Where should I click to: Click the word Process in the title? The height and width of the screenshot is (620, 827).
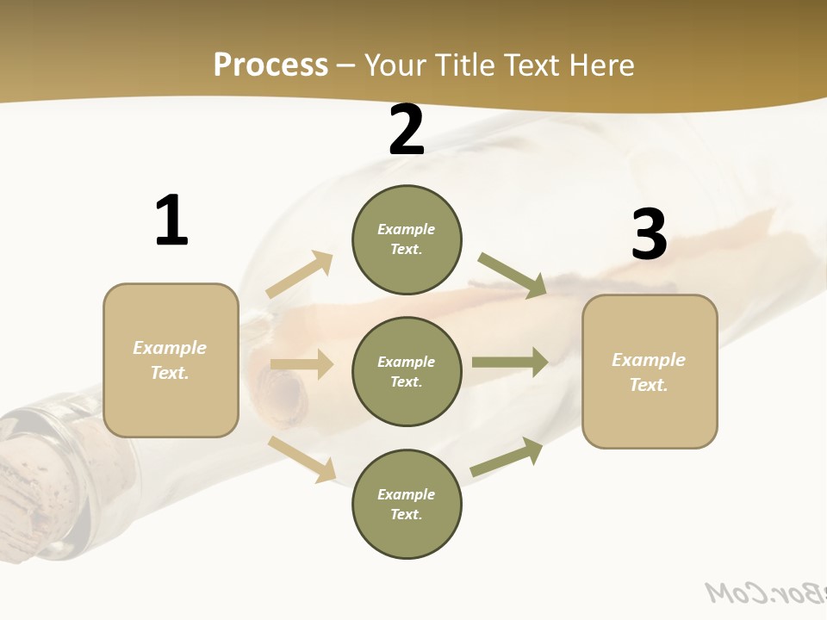click(x=270, y=65)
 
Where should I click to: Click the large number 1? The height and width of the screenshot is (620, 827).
click(x=171, y=220)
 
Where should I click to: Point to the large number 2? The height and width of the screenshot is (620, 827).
click(x=407, y=130)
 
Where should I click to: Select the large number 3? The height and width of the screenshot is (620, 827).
click(x=650, y=235)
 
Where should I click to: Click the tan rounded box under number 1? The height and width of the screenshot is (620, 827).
click(x=171, y=360)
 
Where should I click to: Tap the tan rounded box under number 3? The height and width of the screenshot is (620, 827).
click(x=650, y=372)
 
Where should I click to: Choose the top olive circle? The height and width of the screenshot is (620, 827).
click(x=407, y=239)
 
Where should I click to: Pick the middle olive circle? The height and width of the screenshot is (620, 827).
click(x=407, y=372)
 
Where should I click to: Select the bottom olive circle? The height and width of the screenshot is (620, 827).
click(x=407, y=505)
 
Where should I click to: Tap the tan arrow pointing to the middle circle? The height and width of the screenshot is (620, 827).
click(x=302, y=364)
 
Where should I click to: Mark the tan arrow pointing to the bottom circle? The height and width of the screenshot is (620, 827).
click(x=302, y=459)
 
